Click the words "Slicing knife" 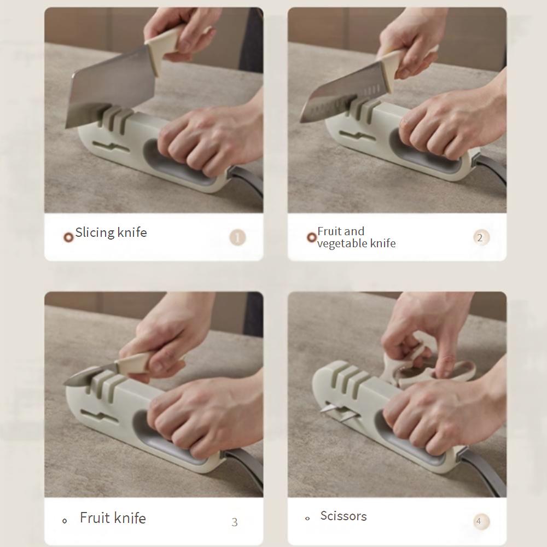(x=111, y=232)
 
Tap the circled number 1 (x=237, y=237)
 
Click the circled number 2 (x=481, y=237)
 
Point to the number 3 (x=235, y=522)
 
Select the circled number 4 (x=481, y=521)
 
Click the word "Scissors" (x=344, y=516)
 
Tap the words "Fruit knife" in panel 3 (x=113, y=517)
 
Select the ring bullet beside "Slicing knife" (x=68, y=237)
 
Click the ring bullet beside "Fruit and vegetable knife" (x=311, y=237)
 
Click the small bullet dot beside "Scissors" (x=307, y=519)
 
